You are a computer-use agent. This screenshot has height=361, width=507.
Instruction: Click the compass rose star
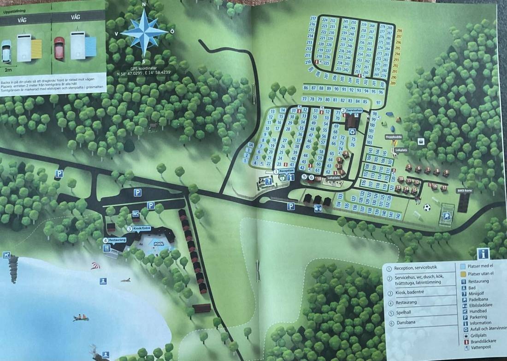(x=145, y=32)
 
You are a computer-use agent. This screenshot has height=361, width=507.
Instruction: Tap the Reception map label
(x=286, y=170)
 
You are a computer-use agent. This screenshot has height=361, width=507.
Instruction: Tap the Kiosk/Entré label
(x=141, y=228)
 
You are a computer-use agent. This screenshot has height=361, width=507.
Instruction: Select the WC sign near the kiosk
(x=136, y=213)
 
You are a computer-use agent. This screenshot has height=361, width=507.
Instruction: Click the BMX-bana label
(x=465, y=190)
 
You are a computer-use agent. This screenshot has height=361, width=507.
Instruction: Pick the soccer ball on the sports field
(x=427, y=207)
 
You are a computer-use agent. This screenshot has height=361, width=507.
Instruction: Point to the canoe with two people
(x=81, y=317)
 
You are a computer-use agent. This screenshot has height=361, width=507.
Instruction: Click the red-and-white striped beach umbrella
(x=95, y=266)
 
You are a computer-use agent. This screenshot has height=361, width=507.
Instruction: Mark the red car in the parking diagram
(x=59, y=47)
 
